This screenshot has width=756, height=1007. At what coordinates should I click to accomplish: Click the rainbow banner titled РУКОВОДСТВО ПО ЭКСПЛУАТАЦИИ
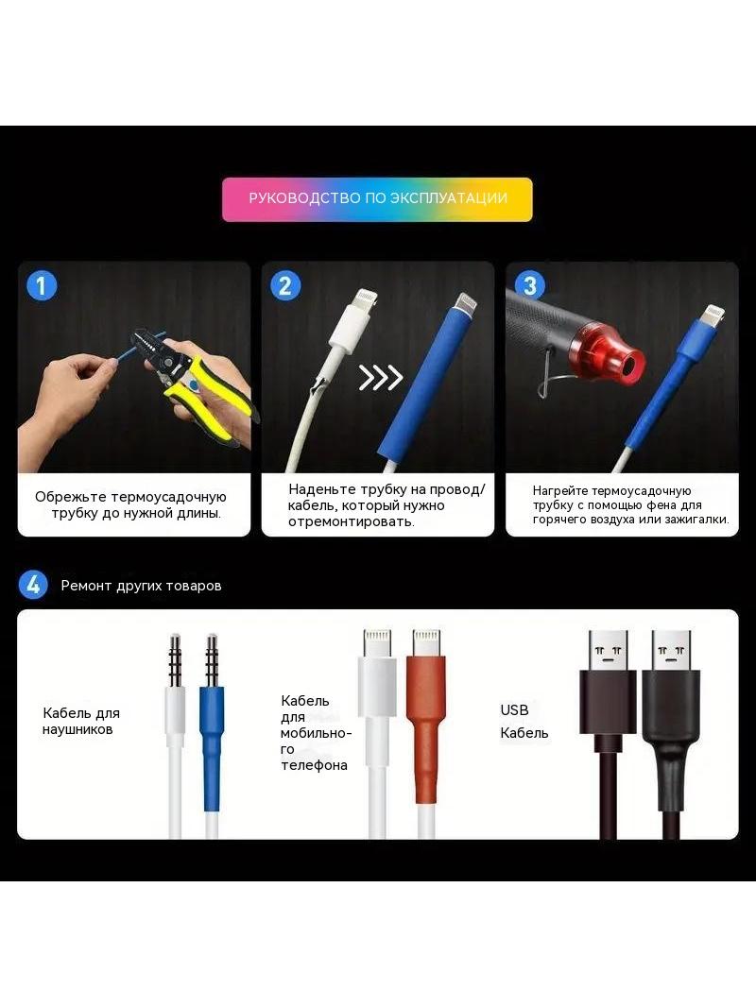click(x=377, y=199)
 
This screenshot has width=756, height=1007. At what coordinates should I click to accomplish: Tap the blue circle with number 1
click(x=42, y=285)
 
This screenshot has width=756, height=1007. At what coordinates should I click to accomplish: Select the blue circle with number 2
click(x=285, y=285)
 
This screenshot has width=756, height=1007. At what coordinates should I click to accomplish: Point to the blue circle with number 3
click(x=530, y=285)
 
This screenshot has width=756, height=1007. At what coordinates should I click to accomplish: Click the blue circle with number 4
click(x=33, y=585)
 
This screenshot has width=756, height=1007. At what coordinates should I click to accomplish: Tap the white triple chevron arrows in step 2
click(x=381, y=378)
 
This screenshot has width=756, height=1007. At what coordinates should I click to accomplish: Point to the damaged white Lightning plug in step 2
click(x=352, y=320)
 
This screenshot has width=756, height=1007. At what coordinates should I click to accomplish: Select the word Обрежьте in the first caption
click(x=70, y=497)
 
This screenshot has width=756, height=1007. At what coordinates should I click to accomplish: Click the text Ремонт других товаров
click(x=142, y=586)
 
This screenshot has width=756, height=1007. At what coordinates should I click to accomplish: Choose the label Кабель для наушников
click(x=81, y=721)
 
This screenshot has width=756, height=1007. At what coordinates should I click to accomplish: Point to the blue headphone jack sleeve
click(x=212, y=748)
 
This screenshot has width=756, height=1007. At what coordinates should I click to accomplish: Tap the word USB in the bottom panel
click(x=514, y=710)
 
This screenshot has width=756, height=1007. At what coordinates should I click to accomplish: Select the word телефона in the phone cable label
click(x=314, y=765)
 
